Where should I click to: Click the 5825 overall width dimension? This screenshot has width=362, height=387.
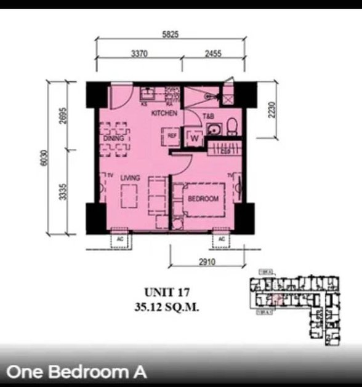click(x=171, y=34)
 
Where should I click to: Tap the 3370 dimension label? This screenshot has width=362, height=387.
click(x=139, y=54)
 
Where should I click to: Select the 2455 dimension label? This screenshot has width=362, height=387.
click(x=212, y=54)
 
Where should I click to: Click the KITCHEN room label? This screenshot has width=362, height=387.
click(x=165, y=114)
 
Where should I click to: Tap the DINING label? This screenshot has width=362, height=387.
click(x=114, y=138)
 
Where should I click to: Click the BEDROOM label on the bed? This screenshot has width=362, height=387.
click(x=203, y=199)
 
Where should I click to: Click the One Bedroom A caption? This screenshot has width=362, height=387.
click(x=76, y=372)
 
